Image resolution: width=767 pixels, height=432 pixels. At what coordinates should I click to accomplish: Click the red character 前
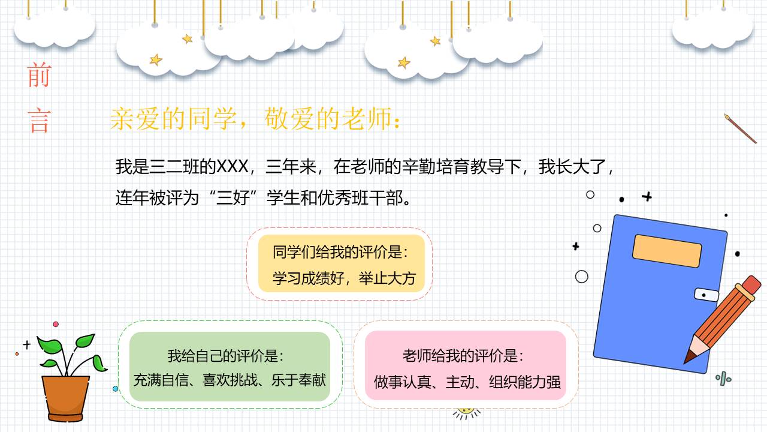coord(40,77)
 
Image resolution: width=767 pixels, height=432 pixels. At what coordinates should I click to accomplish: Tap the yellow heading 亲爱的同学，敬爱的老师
coord(255,119)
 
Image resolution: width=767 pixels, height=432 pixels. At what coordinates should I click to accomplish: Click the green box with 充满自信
coord(230,367)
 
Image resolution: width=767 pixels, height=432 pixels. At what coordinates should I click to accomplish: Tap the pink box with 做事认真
coord(466,367)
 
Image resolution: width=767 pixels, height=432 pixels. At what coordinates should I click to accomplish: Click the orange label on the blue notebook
coord(667,251)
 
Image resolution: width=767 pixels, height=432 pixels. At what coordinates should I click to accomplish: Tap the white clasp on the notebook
coord(706,295)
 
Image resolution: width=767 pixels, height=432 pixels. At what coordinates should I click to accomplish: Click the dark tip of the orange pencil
coord(690,356)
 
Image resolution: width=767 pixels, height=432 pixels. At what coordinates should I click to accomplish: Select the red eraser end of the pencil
coord(750,284)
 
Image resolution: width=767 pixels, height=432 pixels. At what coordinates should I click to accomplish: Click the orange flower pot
coord(65,395)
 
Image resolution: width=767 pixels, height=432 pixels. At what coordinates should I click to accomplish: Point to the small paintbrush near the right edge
coord(740,128)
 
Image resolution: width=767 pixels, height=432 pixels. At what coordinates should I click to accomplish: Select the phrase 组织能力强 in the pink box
coord(524,382)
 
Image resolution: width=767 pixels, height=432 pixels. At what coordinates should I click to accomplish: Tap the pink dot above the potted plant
coord(56,324)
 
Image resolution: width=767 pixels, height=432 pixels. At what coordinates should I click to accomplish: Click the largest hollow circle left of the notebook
coord(581,277)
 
